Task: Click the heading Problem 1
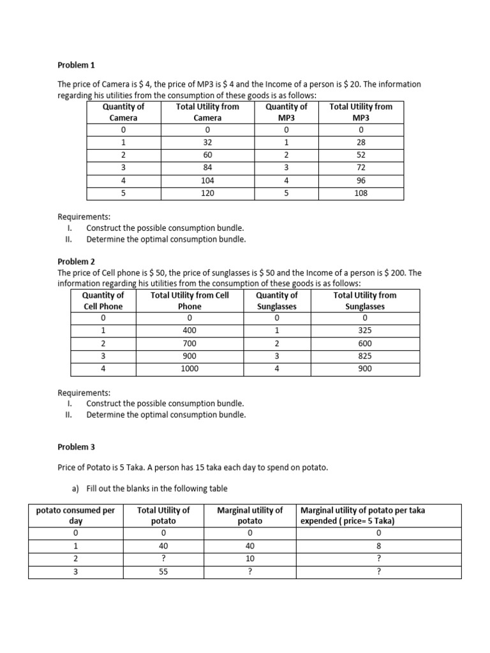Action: [x=76, y=65]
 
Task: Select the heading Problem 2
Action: [x=76, y=261]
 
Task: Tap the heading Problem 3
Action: [x=76, y=448]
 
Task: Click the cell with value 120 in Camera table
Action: [x=207, y=193]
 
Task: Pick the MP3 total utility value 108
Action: [x=360, y=193]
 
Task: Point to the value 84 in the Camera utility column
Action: [x=207, y=168]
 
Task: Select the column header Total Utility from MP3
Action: [x=360, y=112]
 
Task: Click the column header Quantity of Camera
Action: [x=123, y=112]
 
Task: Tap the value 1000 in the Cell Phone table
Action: [x=189, y=369]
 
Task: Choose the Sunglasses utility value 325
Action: [x=364, y=330]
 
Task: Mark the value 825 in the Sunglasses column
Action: [x=364, y=356]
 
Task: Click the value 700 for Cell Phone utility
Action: [x=189, y=343]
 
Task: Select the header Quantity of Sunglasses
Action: [x=276, y=300]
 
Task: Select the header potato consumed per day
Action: [x=75, y=515]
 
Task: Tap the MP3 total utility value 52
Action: [x=360, y=155]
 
